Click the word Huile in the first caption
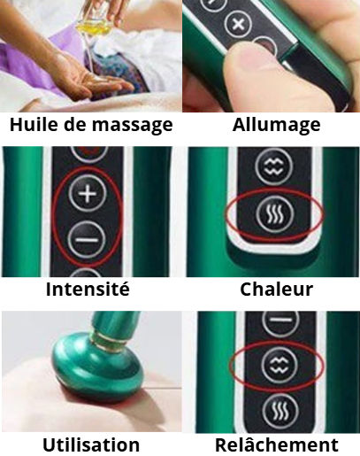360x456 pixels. tap(34, 124)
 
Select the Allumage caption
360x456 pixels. tap(276, 125)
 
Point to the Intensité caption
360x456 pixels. tap(88, 289)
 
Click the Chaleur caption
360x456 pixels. tap(276, 289)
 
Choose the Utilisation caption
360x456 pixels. tap(91, 444)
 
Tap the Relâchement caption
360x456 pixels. tap(277, 444)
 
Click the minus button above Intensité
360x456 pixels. tap(87, 239)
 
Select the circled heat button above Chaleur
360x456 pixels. tap(275, 214)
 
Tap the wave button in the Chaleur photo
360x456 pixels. tap(274, 166)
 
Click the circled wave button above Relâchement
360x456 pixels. tap(280, 366)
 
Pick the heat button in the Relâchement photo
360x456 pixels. tap(280, 412)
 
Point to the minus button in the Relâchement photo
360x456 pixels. tap(280, 321)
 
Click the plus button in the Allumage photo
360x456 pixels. tap(238, 24)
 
